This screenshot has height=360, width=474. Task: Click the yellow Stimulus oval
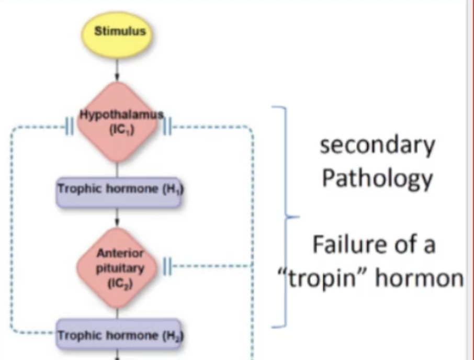pyautogui.click(x=117, y=35)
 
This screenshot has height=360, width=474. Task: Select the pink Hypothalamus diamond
pyautogui.click(x=117, y=122)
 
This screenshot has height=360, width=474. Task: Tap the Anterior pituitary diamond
pyautogui.click(x=117, y=268)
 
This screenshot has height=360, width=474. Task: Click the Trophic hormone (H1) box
pyautogui.click(x=119, y=193)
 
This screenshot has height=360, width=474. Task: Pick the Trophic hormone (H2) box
pyautogui.click(x=119, y=334)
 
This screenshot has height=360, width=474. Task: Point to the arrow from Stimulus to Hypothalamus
pyautogui.click(x=117, y=70)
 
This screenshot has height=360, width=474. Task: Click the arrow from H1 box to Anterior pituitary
pyautogui.click(x=117, y=218)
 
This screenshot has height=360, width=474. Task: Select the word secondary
pyautogui.click(x=377, y=145)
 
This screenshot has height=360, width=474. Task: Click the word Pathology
pyautogui.click(x=377, y=178)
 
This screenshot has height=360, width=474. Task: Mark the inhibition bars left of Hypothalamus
pyautogui.click(x=70, y=127)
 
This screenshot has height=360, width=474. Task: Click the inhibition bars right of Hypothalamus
pyautogui.click(x=167, y=127)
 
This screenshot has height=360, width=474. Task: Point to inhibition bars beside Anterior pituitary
pyautogui.click(x=167, y=266)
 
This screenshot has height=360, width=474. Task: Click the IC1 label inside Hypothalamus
pyautogui.click(x=121, y=130)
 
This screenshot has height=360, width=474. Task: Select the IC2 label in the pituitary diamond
pyautogui.click(x=120, y=284)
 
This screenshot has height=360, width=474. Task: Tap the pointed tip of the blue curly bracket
pyautogui.click(x=299, y=217)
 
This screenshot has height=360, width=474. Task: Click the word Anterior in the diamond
pyautogui.click(x=120, y=253)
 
